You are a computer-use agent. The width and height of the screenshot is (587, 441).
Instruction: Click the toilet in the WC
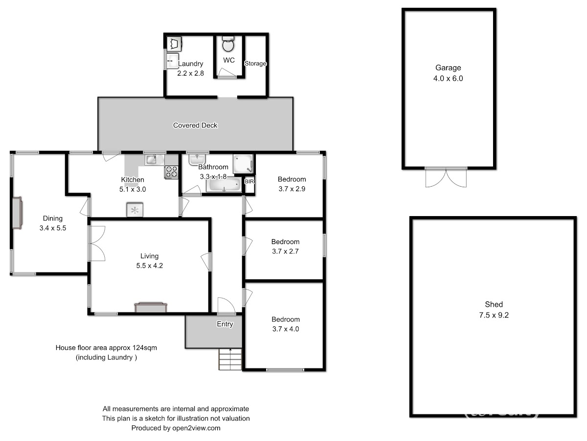(x=228, y=44)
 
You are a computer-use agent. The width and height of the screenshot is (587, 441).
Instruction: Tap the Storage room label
(x=255, y=64)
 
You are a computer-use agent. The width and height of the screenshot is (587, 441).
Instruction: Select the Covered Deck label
(x=195, y=125)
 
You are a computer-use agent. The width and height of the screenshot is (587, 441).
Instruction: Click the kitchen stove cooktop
(x=171, y=172)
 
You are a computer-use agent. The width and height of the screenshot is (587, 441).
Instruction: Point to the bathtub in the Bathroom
(x=224, y=185)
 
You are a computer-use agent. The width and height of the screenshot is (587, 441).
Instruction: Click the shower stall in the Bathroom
(x=243, y=164)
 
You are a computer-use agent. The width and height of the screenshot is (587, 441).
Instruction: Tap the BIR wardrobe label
(x=249, y=181)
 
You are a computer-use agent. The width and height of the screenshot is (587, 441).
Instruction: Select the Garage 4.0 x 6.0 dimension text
(x=448, y=78)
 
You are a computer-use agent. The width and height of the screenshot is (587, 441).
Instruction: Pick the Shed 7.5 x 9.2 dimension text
(x=494, y=315)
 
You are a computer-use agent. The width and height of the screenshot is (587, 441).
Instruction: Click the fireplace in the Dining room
(x=17, y=213)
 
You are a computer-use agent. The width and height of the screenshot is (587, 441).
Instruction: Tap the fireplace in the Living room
(x=151, y=308)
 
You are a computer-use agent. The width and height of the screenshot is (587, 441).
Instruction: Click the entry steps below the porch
(x=230, y=359)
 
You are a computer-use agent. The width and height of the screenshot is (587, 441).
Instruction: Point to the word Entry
(x=225, y=324)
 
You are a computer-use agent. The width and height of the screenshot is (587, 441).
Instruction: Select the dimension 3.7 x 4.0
(x=286, y=329)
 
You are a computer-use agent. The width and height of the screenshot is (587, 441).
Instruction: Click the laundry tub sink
(x=172, y=61)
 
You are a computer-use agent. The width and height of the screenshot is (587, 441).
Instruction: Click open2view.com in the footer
(x=196, y=428)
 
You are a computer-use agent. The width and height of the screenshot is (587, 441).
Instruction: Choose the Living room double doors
(x=97, y=244)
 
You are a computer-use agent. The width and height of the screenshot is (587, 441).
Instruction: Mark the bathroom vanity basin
(x=197, y=160)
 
